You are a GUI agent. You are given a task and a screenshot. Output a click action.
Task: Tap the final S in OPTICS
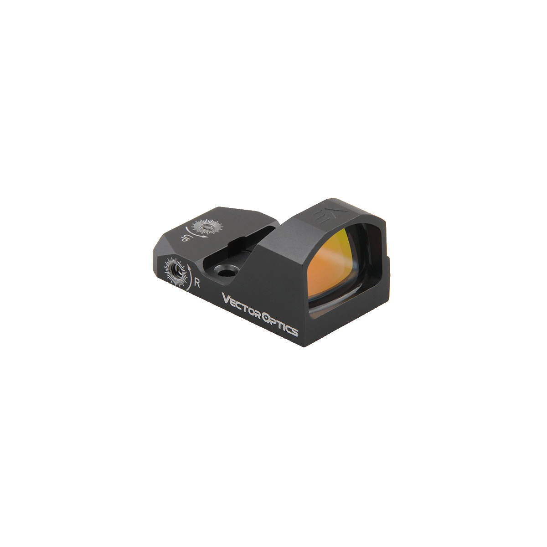point(295,332)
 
